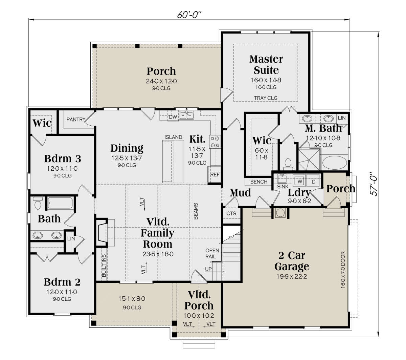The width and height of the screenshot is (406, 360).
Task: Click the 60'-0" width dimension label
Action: pos(189,15)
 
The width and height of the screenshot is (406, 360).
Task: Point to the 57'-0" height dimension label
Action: pos(373,184)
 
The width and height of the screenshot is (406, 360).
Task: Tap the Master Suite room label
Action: pos(266,65)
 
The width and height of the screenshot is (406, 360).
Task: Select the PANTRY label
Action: pos(76,120)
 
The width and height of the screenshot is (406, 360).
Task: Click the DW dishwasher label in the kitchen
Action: pos(173,117)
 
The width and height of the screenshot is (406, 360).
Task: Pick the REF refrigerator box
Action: pos(215,174)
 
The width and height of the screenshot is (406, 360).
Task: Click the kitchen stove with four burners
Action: pos(215,142)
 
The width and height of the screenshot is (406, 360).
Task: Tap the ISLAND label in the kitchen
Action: pos(173,137)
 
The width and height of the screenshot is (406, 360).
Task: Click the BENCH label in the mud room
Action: pos(258,182)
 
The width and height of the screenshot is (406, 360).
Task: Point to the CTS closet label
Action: pos(231,213)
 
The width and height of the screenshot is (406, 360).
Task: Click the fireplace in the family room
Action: pos(102,232)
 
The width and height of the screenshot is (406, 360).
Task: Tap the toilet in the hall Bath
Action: pos(38,203)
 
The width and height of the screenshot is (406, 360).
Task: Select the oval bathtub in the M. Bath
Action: pos(335,163)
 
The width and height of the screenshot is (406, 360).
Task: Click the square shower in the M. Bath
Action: pos(309,160)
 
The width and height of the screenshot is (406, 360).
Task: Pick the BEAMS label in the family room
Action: pos(196,211)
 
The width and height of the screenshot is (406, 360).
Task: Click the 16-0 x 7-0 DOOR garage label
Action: pos(343,270)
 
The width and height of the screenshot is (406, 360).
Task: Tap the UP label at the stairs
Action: pos(208,269)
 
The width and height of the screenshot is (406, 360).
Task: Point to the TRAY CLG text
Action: pos(266,98)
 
